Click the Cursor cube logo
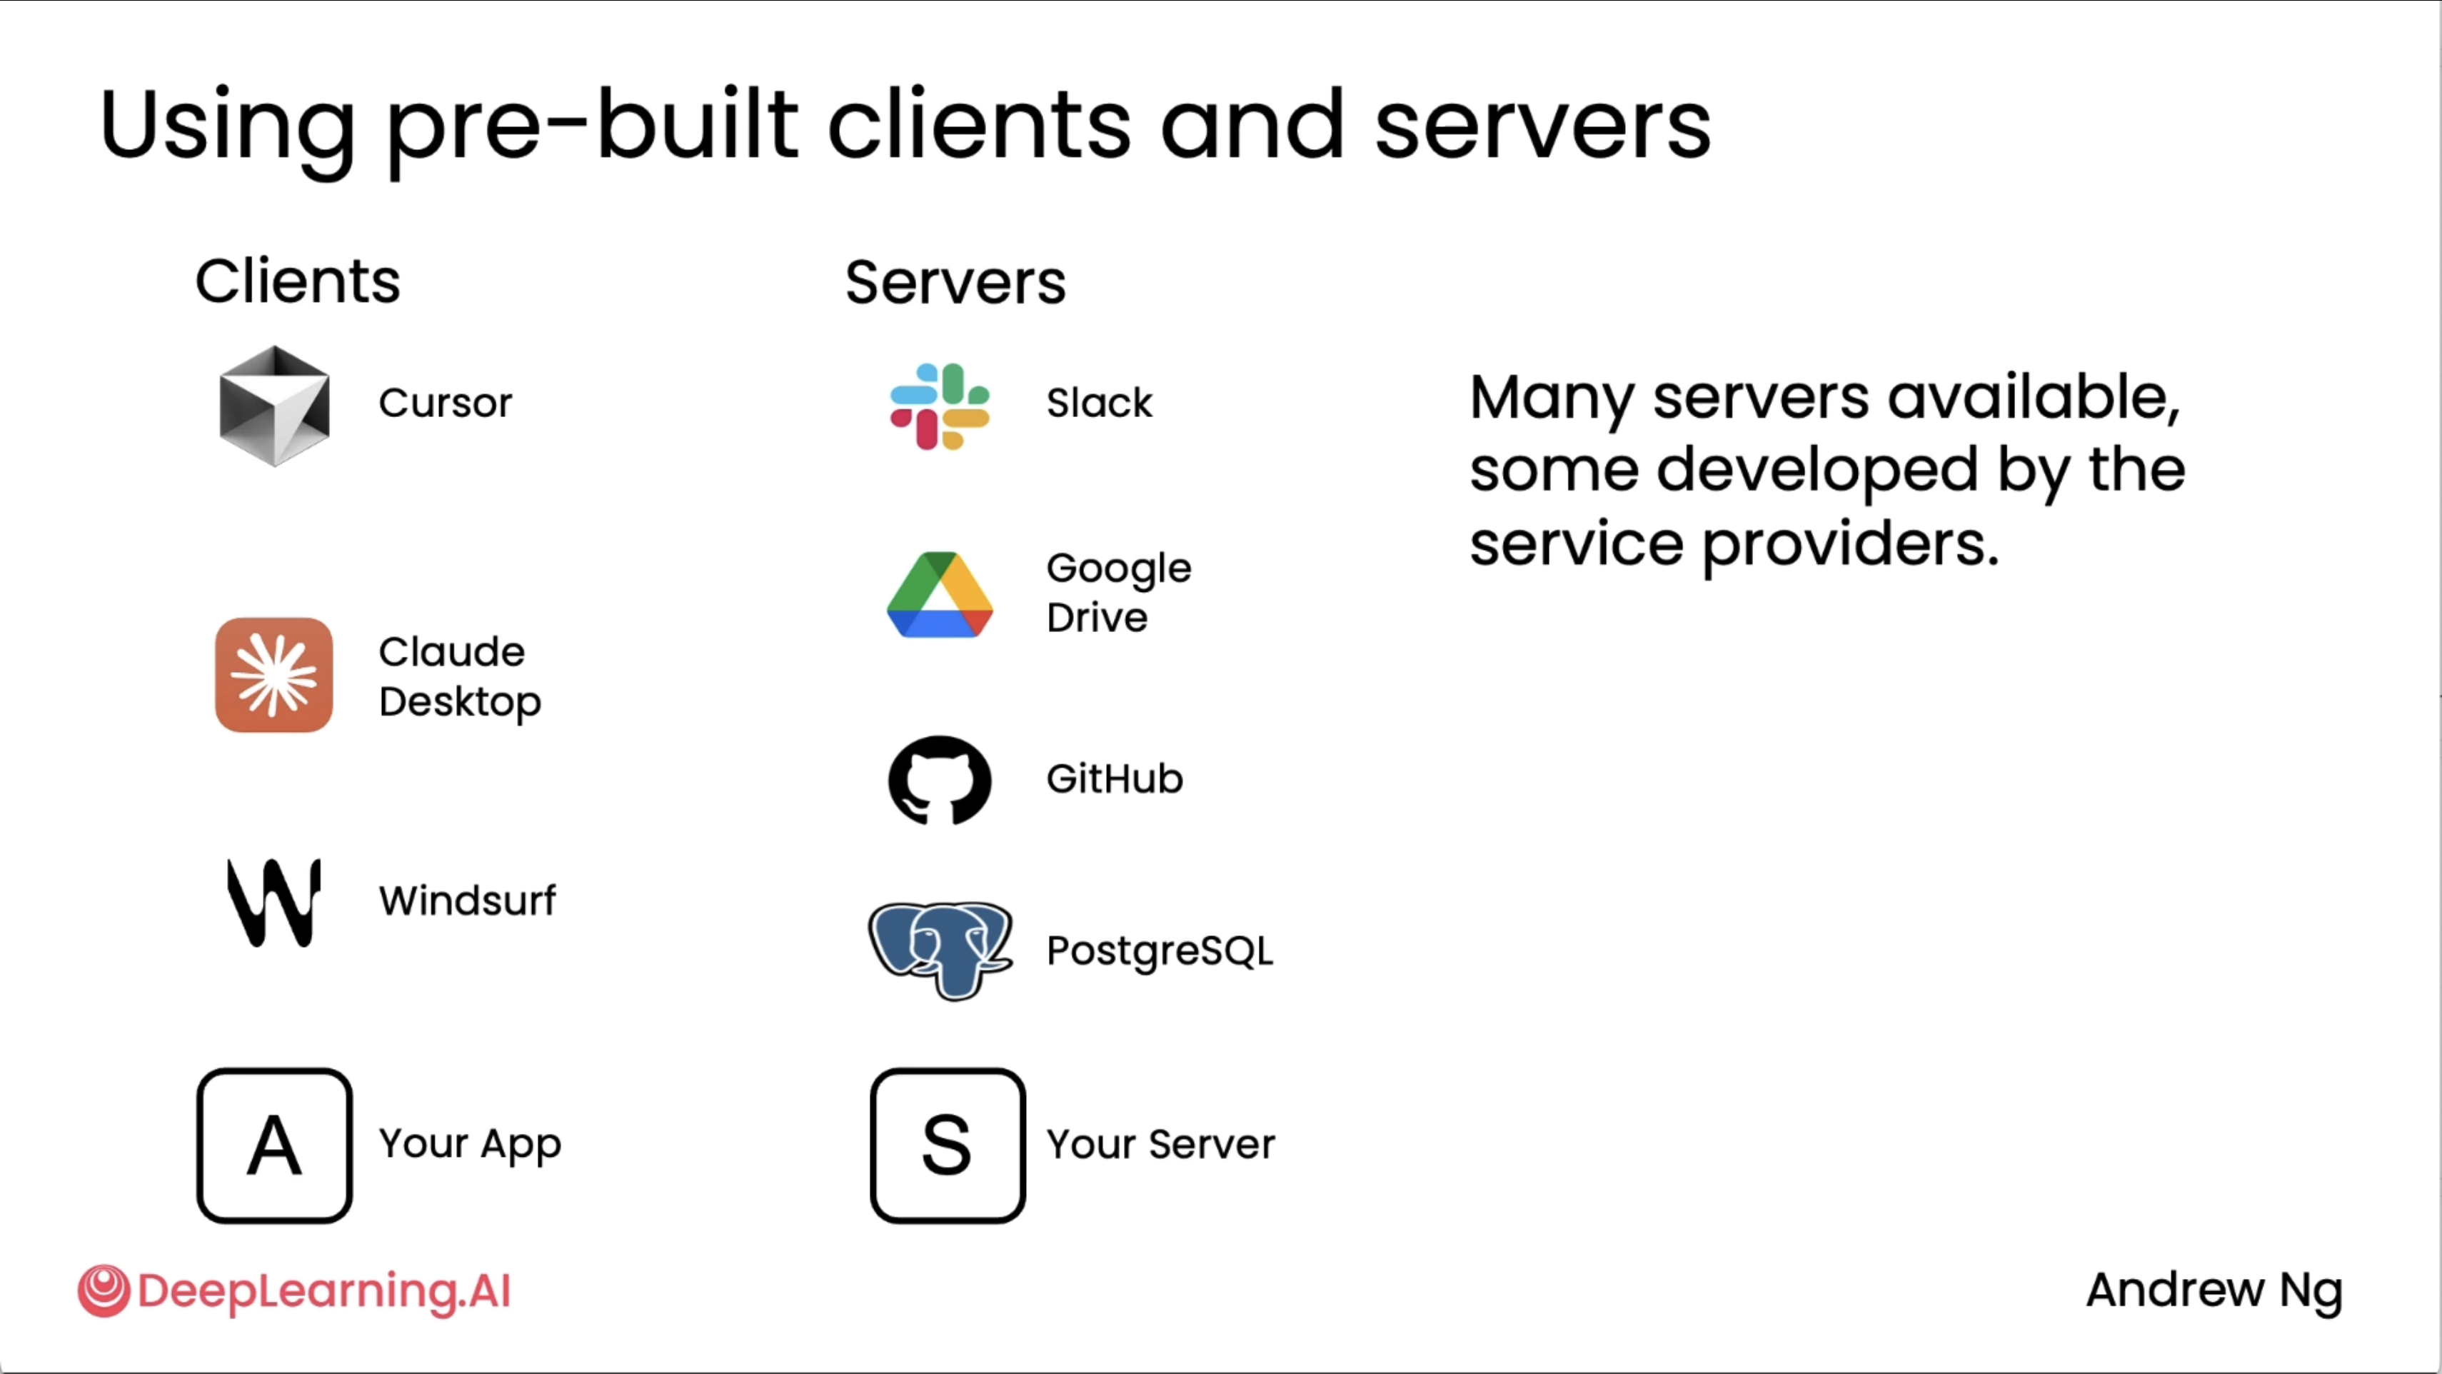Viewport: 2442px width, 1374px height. tap(274, 406)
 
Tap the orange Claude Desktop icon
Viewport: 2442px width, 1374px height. tap(274, 675)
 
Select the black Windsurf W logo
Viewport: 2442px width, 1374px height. tap(274, 902)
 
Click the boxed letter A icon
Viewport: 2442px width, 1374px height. tap(274, 1145)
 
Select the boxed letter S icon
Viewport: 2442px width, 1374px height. tap(947, 1145)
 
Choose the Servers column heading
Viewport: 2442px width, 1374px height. tap(955, 283)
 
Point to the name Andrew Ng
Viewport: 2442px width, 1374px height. tap(2214, 1290)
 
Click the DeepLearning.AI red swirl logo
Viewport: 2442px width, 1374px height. tap(104, 1290)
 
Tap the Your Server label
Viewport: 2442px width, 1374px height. tap(1160, 1145)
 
